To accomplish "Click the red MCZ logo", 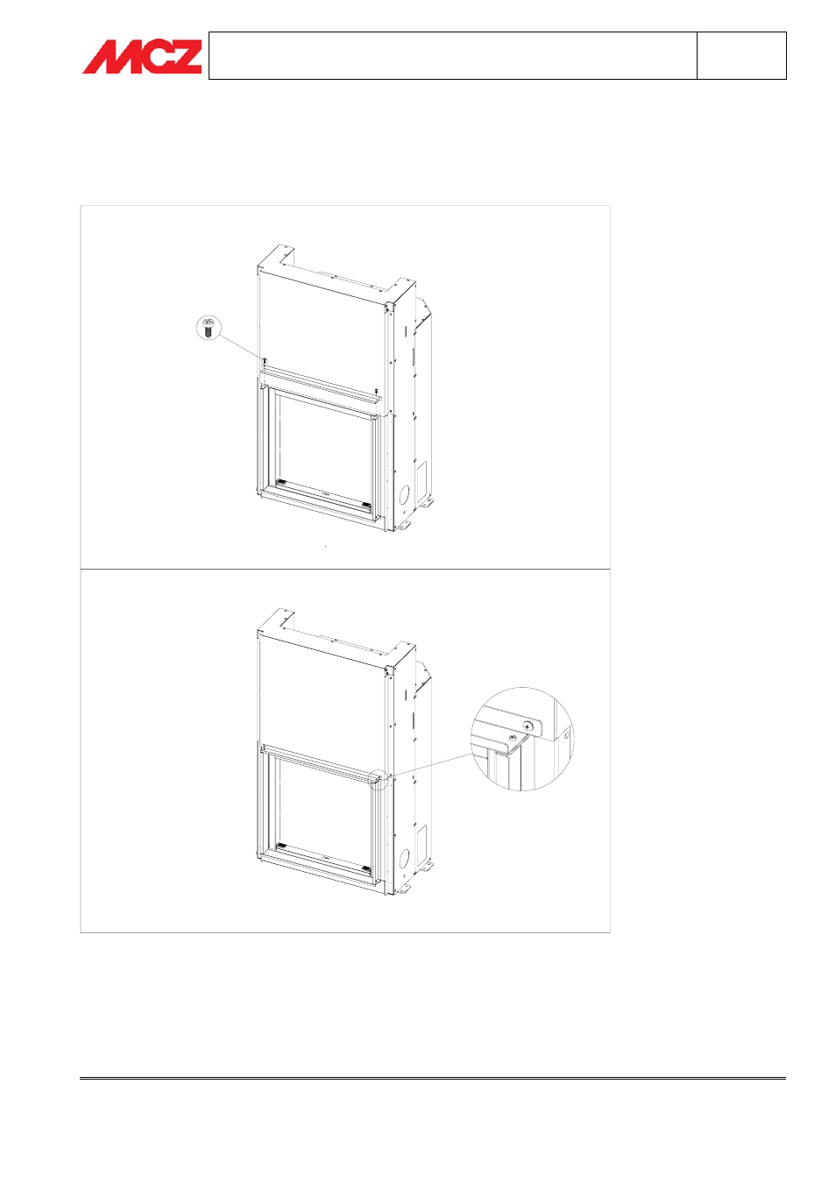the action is click(142, 56).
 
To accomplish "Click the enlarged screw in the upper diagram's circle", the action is click(209, 328).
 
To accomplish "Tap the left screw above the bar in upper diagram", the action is click(265, 360).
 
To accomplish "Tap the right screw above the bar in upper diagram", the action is click(375, 392).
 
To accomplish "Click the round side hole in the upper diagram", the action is click(404, 494).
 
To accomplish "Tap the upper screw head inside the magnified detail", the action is click(528, 726).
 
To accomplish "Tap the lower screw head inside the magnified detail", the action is click(513, 737).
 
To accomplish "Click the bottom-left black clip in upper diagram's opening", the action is click(281, 482).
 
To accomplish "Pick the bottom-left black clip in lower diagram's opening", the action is click(281, 846).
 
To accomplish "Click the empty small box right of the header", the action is click(741, 56).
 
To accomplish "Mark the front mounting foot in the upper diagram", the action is click(403, 526).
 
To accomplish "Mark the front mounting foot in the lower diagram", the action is click(403, 890).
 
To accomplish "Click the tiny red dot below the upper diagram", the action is click(325, 546).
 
